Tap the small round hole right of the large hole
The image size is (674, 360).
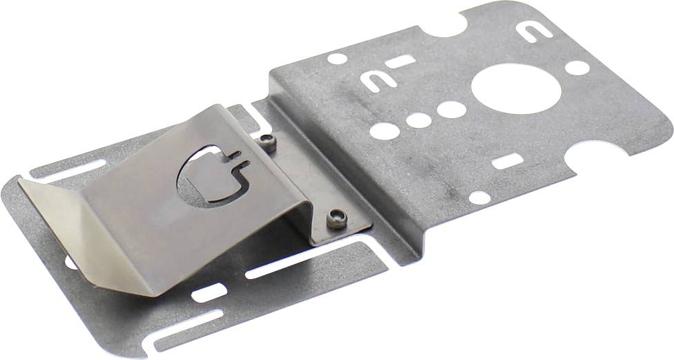tap(577, 68)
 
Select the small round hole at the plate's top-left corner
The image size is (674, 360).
tap(336, 59)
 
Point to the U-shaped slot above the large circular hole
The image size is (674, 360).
tap(534, 32)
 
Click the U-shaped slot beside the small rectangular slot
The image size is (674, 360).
tap(378, 82)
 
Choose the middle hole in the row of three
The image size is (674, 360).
tap(418, 120)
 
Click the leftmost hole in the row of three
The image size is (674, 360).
tap(385, 131)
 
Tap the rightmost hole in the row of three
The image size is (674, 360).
tap(451, 109)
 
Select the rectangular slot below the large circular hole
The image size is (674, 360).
tap(508, 162)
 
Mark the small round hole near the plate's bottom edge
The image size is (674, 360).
tap(479, 197)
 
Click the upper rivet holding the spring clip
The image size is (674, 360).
tap(268, 143)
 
